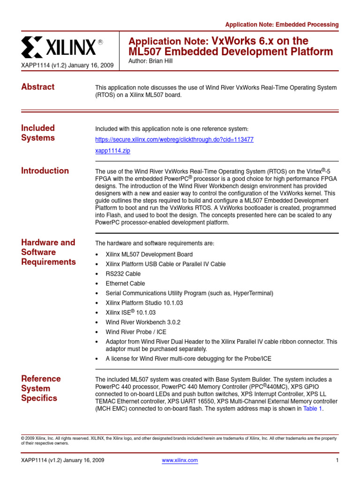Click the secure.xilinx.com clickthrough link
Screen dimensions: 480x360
pos(174,140)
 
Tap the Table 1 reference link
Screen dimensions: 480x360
pos(312,409)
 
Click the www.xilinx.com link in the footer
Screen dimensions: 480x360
pos(180,460)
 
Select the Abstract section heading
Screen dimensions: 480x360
pos(37,87)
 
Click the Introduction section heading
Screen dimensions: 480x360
pos(45,171)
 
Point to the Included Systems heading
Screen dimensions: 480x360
pos(38,133)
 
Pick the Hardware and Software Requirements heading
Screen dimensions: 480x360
pos(48,252)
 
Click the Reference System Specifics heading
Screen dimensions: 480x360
pos(41,388)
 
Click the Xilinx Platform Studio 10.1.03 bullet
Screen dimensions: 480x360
pos(144,303)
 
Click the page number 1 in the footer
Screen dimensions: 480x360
pos(337,460)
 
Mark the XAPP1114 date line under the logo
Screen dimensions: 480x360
pos(67,66)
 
